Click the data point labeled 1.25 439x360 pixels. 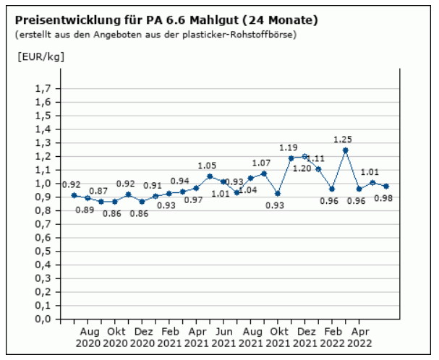click(346, 150)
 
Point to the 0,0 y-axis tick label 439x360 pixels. click(43, 319)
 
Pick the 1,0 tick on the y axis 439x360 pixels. click(43, 184)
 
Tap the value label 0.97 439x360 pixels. click(195, 200)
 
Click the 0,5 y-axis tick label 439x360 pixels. click(43, 251)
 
